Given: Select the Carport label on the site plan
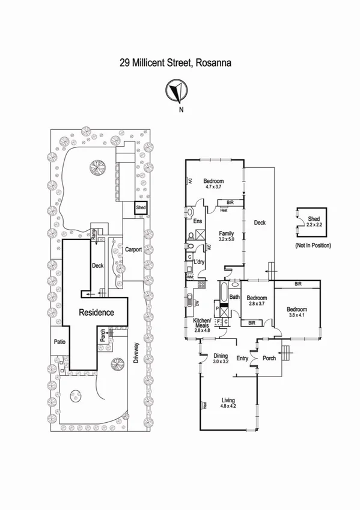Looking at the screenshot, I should tap(133, 250).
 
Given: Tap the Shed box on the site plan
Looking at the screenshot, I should tap(141, 207).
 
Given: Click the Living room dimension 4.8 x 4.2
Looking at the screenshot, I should tap(228, 406).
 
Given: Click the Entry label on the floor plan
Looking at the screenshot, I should tap(242, 358).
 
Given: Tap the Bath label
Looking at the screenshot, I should tap(234, 297).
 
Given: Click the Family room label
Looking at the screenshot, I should tap(226, 233).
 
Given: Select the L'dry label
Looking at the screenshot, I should tap(200, 262).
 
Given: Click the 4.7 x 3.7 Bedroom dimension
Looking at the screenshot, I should tap(213, 187).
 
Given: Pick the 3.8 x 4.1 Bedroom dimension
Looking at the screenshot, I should tap(297, 314).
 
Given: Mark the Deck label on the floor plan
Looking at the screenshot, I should tap(259, 223).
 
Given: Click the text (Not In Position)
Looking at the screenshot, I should tap(313, 246).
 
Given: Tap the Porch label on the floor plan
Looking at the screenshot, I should tap(269, 358).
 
